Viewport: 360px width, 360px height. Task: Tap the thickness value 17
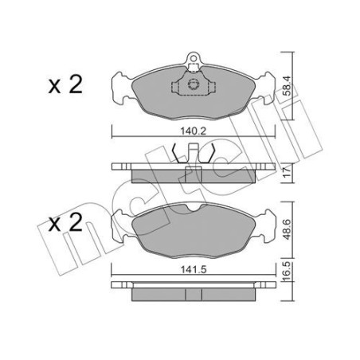[x=287, y=170]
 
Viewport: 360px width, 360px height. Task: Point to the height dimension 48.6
[x=287, y=224]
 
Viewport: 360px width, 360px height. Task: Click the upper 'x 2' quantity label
[x=65, y=86]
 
